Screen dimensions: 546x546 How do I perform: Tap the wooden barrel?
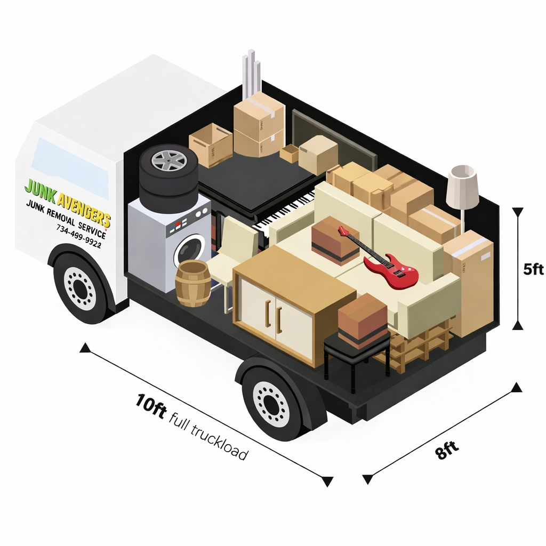click(192, 283)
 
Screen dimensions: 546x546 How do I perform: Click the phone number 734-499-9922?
click(78, 233)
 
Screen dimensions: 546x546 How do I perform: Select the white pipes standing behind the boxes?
click(251, 75)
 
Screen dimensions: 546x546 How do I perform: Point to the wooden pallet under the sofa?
click(421, 347)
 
